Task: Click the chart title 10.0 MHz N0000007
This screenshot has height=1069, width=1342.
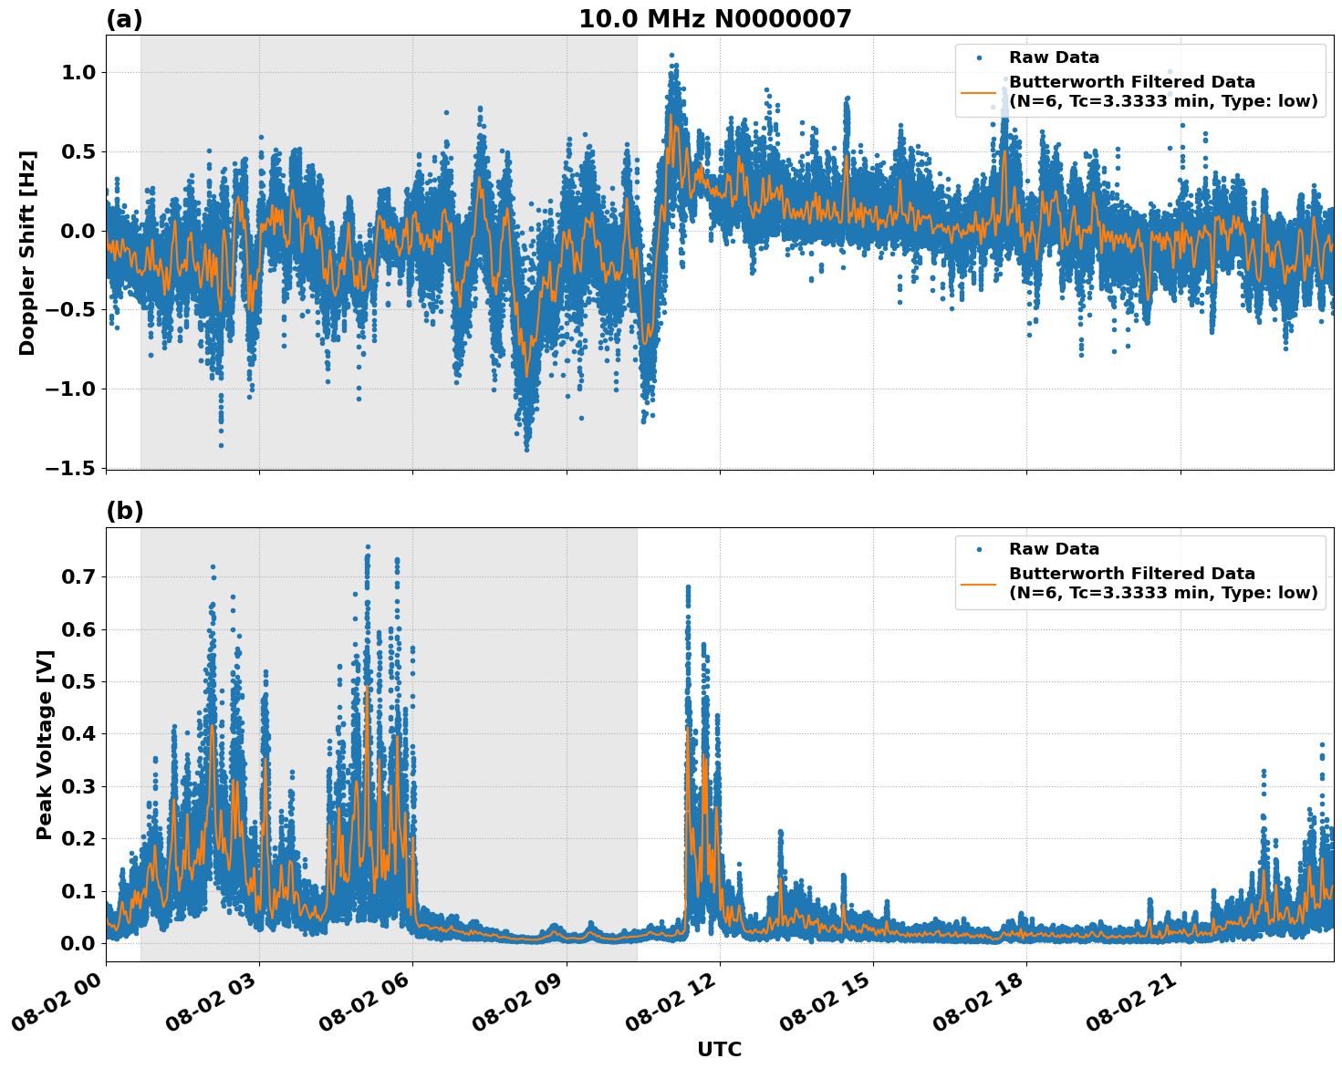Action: point(714,19)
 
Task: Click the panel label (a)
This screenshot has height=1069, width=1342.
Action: point(124,19)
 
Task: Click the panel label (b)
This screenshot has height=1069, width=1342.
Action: point(124,511)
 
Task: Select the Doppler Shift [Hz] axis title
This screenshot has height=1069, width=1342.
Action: point(27,253)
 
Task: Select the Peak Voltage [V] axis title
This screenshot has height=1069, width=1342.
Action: point(45,744)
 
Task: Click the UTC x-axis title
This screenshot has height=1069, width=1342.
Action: point(719,1049)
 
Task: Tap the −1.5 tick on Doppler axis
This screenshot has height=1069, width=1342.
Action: point(75,468)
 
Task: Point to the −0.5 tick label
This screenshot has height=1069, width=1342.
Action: point(75,310)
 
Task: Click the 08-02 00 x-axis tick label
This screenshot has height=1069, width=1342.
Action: point(58,1005)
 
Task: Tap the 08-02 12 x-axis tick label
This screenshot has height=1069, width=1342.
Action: point(672,1005)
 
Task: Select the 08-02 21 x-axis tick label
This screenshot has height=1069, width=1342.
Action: point(1133,1005)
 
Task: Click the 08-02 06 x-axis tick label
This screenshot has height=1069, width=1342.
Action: point(365,1005)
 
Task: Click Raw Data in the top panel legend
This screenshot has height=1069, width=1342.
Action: point(1054,57)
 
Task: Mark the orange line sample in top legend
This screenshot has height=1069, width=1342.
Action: point(979,92)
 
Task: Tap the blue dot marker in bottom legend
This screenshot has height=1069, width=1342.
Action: point(979,549)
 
